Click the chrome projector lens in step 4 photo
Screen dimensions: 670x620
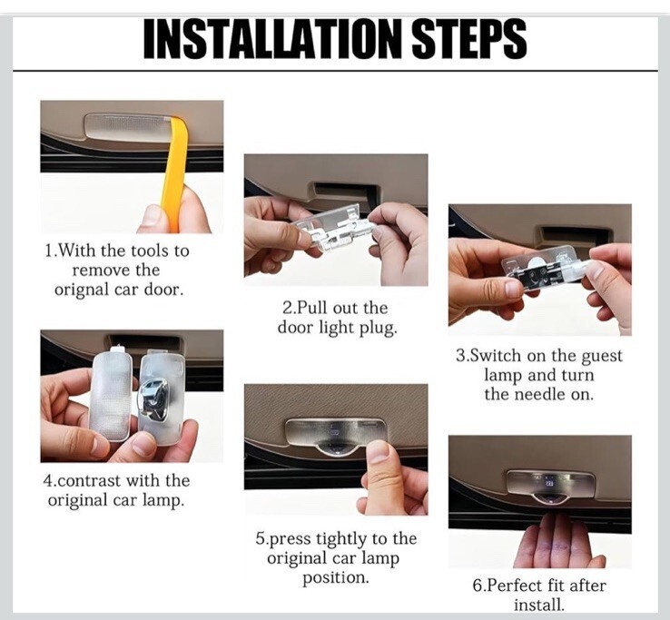pos(153,399)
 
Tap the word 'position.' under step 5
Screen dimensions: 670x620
pos(335,577)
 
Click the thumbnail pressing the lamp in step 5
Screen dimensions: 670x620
pos(378,454)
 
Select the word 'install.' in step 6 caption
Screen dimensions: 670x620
pos(539,605)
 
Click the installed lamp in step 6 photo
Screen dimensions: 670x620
pos(550,485)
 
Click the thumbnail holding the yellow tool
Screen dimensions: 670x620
pos(151,216)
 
